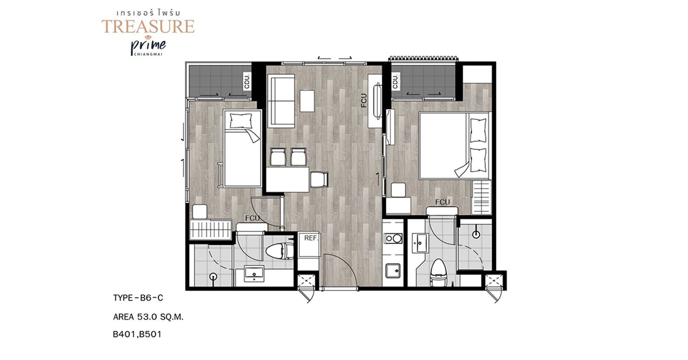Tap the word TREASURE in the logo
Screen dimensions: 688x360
click(148, 26)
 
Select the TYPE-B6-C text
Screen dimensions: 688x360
click(138, 298)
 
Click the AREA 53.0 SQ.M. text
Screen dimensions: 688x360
click(148, 317)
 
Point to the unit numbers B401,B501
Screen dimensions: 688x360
click(137, 334)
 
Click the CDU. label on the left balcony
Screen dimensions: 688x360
click(247, 81)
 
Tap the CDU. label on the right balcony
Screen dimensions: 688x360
click(395, 81)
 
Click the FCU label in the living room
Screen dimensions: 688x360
click(364, 100)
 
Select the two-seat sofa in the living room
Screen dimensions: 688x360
click(281, 100)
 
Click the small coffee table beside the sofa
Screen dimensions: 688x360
click(307, 101)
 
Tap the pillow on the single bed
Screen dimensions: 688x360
click(241, 121)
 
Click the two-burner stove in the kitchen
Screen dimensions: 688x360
click(394, 238)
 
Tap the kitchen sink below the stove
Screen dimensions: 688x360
click(393, 271)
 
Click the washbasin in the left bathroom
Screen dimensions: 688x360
click(254, 274)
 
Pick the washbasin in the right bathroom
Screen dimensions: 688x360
click(419, 243)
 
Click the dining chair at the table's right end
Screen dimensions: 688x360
click(319, 180)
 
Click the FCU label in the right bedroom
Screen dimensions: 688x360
click(442, 202)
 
